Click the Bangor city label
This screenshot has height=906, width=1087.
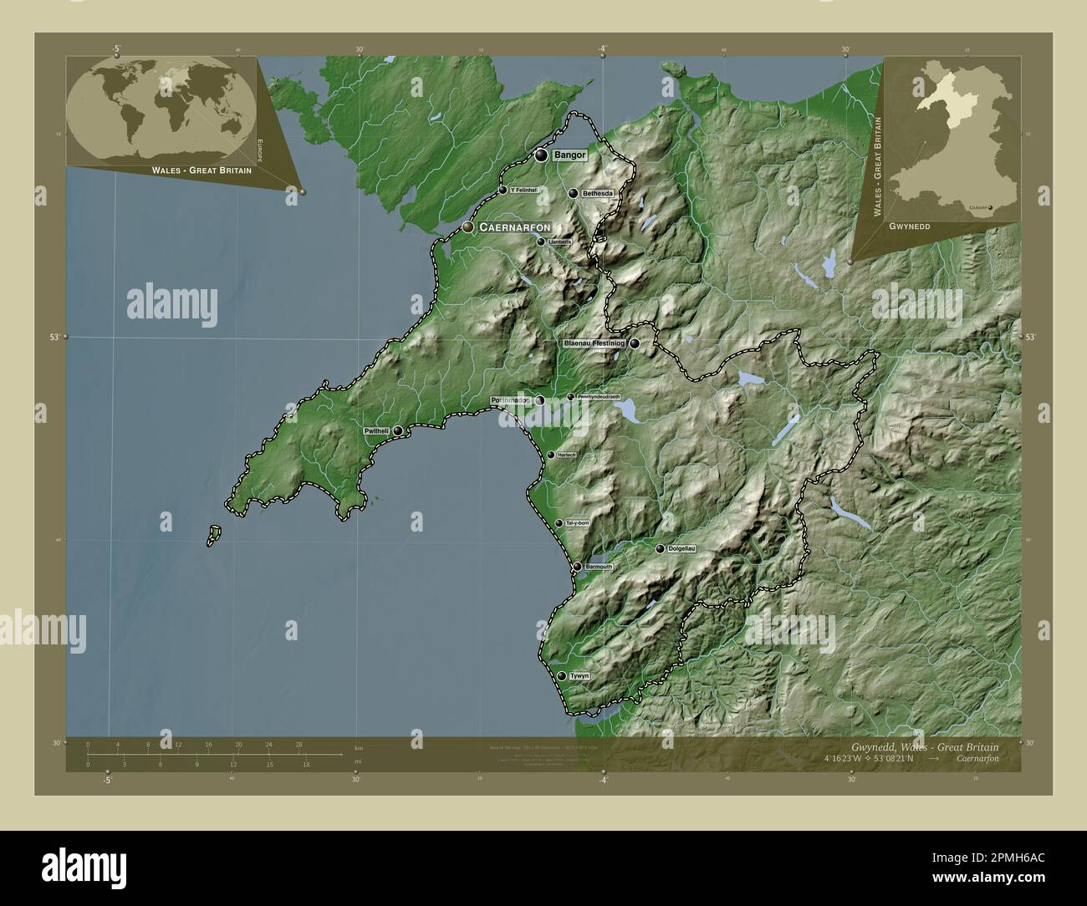[569, 155]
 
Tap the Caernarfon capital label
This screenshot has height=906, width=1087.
[514, 227]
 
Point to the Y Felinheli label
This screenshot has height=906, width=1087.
[524, 191]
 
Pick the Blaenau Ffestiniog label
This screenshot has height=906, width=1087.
[595, 344]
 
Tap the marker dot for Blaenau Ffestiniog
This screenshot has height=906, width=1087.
[635, 343]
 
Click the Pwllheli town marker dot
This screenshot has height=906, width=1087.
[398, 430]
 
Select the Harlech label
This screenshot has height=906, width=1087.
[568, 455]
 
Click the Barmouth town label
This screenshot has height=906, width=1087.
[599, 567]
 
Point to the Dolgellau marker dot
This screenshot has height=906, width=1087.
[661, 549]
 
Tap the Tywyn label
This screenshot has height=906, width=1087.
[579, 676]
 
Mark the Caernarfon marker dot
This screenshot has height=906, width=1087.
[468, 227]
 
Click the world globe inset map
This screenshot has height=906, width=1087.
[162, 109]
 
